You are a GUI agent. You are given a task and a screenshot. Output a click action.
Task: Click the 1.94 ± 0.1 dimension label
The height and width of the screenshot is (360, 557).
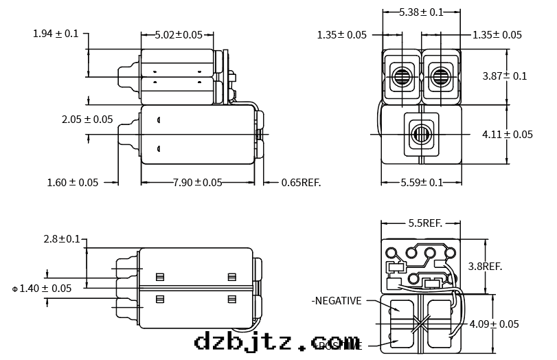click(x=56, y=34)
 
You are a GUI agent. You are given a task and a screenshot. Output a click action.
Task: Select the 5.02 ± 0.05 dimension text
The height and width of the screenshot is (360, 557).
click(x=177, y=34)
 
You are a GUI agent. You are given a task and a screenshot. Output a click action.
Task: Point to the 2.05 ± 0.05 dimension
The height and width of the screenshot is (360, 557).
click(x=87, y=120)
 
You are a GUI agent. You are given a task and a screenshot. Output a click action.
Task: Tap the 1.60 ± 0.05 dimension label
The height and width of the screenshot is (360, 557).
click(x=73, y=183)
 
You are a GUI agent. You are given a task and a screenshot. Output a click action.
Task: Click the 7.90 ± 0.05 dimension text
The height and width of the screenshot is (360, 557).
click(x=197, y=183)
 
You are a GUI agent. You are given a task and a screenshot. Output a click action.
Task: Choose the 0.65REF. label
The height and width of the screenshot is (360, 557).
click(x=301, y=183)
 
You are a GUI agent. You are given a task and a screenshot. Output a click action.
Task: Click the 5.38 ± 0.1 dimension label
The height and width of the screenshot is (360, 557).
click(x=421, y=12)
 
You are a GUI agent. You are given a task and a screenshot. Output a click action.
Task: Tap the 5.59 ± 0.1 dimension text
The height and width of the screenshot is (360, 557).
click(x=422, y=183)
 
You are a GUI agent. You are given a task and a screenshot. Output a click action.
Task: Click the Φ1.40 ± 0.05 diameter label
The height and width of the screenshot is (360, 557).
click(x=42, y=289)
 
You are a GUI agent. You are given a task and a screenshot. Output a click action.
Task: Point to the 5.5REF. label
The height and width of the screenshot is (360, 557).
click(x=424, y=223)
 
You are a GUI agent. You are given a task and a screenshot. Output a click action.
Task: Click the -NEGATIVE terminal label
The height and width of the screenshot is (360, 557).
click(x=336, y=301)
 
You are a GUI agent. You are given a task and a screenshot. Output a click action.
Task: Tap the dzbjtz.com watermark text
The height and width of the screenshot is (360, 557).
click(x=277, y=341)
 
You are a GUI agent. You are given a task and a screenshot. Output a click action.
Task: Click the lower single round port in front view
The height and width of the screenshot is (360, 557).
click(x=420, y=131)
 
